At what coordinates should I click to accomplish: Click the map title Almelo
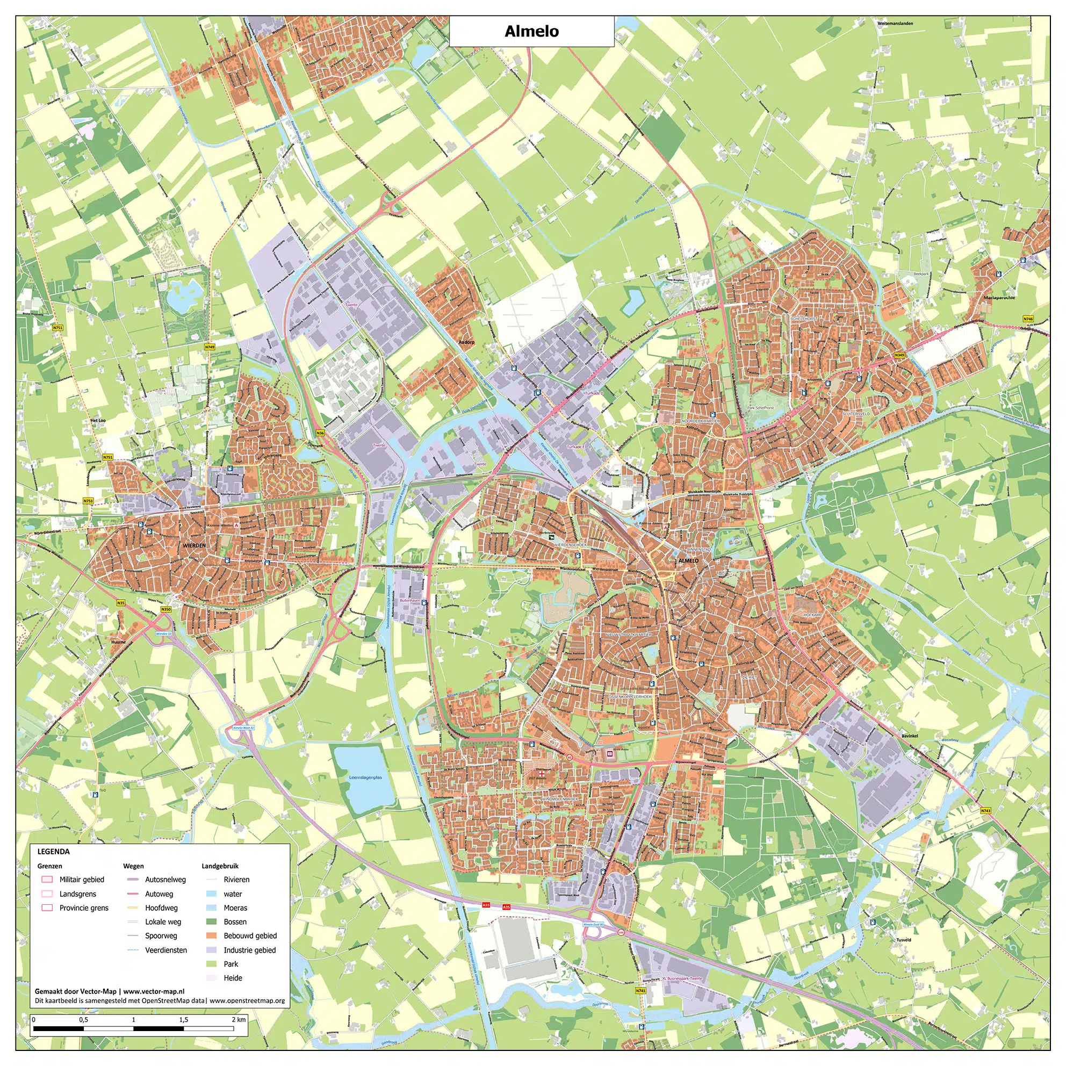(531, 31)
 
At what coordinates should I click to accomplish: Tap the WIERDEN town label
(193, 545)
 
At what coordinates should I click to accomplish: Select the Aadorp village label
(466, 342)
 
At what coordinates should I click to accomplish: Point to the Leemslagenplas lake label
(365, 777)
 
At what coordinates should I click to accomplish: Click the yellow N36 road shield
(320, 433)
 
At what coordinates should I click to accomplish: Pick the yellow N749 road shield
(209, 347)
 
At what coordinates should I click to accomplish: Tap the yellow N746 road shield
(1028, 319)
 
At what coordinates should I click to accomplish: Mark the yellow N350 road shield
(165, 609)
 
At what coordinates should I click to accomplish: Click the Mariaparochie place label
(999, 298)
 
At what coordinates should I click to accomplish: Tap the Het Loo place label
(98, 421)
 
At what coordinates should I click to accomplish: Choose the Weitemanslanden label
(895, 24)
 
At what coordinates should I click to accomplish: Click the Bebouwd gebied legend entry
(250, 936)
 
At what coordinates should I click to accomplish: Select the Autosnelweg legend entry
(165, 880)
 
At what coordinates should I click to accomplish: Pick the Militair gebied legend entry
(82, 880)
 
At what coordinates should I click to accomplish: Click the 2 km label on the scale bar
(239, 1020)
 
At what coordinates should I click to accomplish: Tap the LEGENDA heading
(54, 852)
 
